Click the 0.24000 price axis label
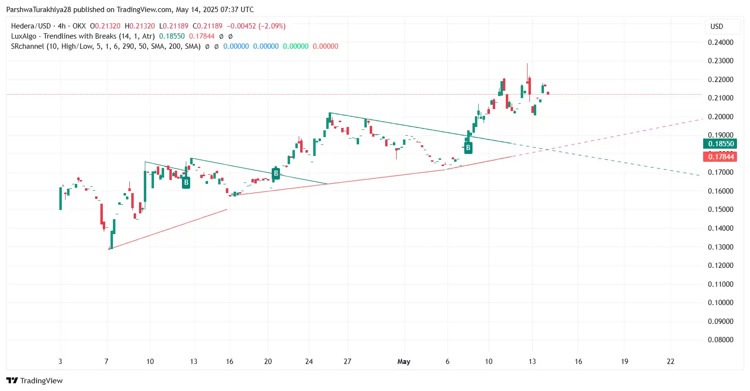click(x=720, y=42)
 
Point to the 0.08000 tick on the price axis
click(x=720, y=340)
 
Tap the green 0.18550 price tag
click(x=721, y=144)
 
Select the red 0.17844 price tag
click(x=721, y=156)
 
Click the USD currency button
click(x=717, y=27)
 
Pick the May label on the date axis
click(x=403, y=362)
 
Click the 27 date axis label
click(x=347, y=362)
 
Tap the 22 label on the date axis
click(x=670, y=362)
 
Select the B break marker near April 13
click(x=186, y=182)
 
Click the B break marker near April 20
click(x=276, y=173)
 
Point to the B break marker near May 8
click(x=468, y=148)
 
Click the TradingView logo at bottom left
click(x=34, y=380)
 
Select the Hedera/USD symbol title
click(x=30, y=26)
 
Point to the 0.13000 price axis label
click(x=720, y=247)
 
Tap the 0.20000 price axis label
click(x=720, y=116)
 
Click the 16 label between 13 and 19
click(x=578, y=362)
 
